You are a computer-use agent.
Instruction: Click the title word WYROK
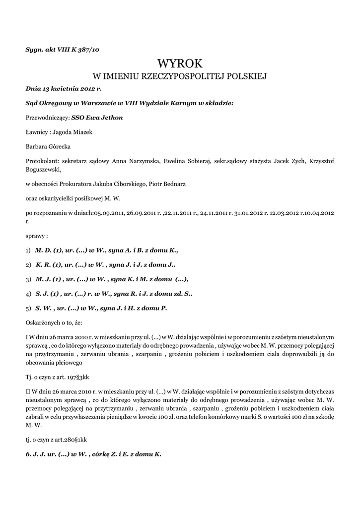180,63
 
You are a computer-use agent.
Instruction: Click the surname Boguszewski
42,169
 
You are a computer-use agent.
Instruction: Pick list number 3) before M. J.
28,279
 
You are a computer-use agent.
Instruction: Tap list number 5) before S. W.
28,308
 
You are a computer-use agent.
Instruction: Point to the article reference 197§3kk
78,376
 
